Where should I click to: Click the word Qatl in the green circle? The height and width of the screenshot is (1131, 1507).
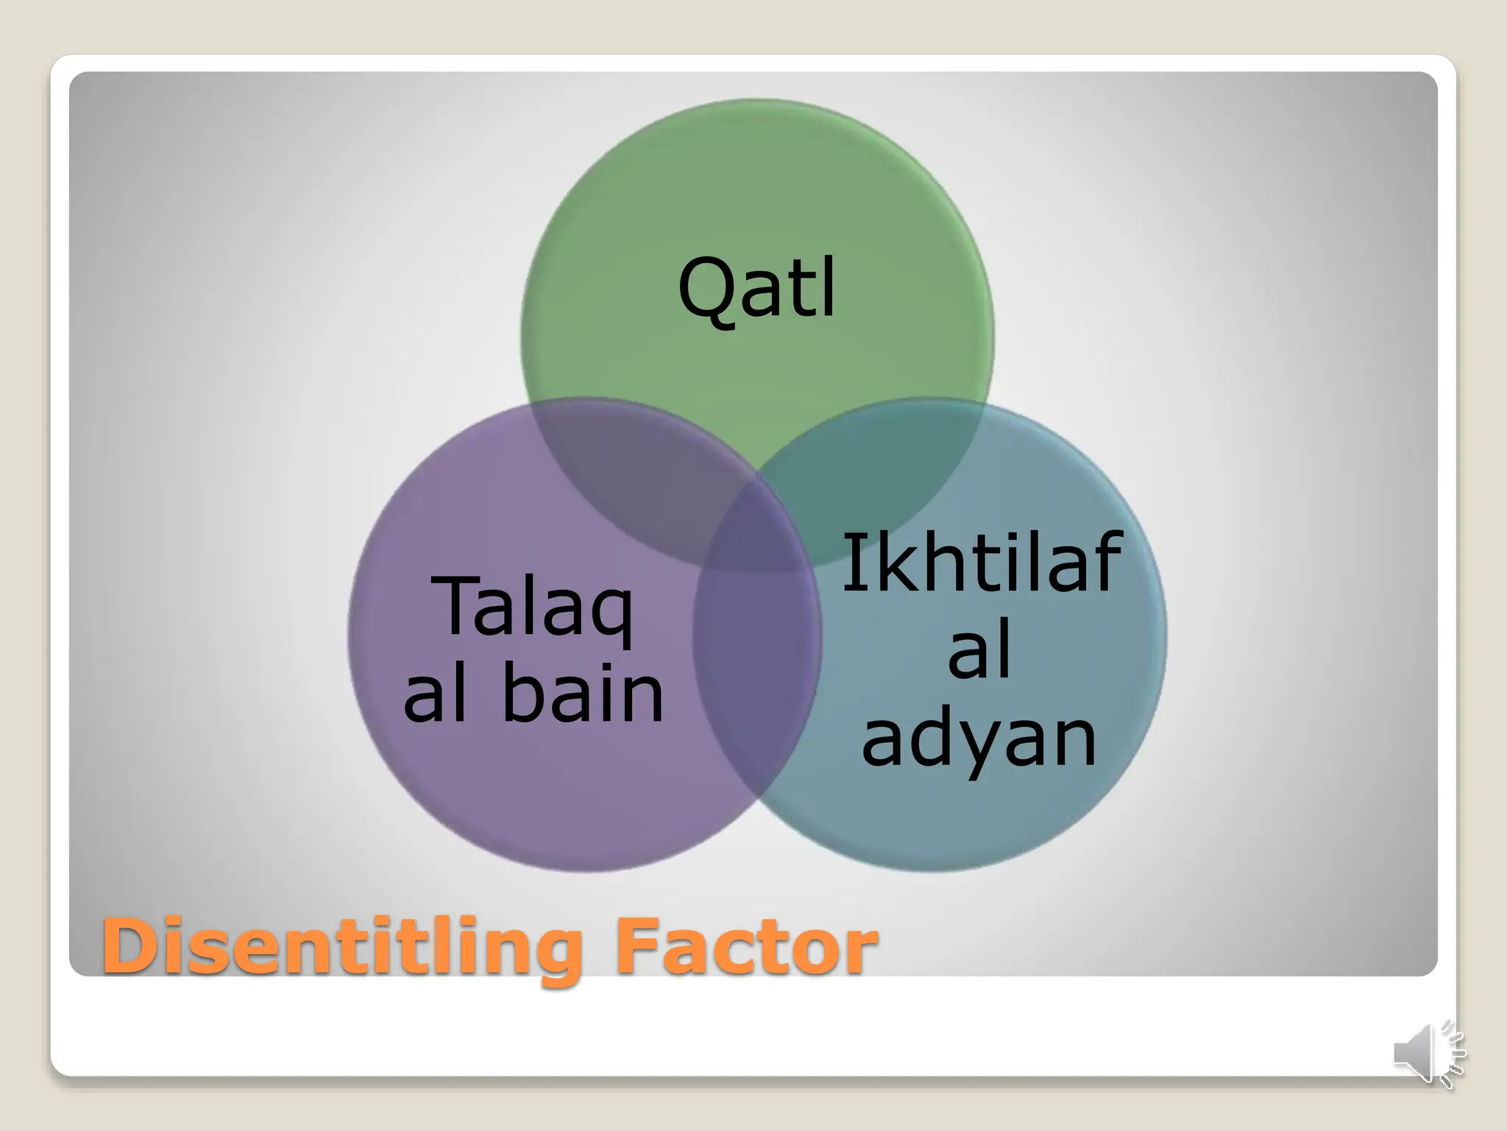[x=757, y=289]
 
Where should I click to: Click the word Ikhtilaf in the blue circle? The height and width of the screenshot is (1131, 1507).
[x=982, y=565]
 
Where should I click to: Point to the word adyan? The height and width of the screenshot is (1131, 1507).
[x=979, y=739]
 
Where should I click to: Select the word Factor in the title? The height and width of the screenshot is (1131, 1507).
[x=747, y=947]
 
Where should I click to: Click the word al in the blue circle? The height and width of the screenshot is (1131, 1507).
[x=979, y=652]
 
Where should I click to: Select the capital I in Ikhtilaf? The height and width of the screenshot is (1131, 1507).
[x=851, y=565]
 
